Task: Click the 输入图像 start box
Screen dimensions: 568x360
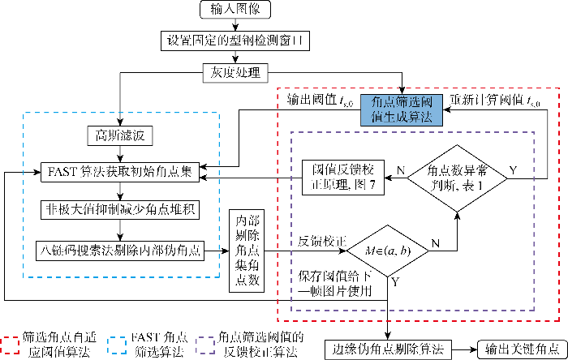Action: pyautogui.click(x=235, y=10)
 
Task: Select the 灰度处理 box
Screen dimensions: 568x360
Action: pyautogui.click(x=235, y=73)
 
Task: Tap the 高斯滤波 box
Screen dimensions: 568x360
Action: pyautogui.click(x=120, y=135)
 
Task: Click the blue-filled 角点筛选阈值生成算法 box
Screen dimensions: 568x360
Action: pyautogui.click(x=402, y=110)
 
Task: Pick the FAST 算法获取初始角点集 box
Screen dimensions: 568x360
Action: pyautogui.click(x=120, y=172)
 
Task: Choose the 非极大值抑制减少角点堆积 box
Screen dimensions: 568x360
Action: pyautogui.click(x=120, y=210)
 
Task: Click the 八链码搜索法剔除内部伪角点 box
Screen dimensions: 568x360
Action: pyautogui.click(x=120, y=251)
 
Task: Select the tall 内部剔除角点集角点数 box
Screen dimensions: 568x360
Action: pyautogui.click(x=247, y=251)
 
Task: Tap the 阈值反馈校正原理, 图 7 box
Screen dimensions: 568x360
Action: pyautogui.click(x=343, y=178)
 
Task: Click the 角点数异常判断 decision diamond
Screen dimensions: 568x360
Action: pyautogui.click(x=457, y=178)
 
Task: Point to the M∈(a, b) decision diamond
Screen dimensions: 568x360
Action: pyautogui.click(x=388, y=251)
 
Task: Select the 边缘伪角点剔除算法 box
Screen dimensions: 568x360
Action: pyautogui.click(x=388, y=349)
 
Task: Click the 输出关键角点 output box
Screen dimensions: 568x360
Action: pyautogui.click(x=523, y=349)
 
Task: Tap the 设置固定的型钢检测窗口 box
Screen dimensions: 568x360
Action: pyautogui.click(x=235, y=41)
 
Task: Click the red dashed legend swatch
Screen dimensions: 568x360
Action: pyautogui.click(x=10, y=345)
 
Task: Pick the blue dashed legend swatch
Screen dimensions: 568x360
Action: pyautogui.click(x=118, y=345)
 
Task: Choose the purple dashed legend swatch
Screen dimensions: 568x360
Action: pyautogui.click(x=205, y=345)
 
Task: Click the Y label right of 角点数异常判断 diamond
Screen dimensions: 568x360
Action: pyautogui.click(x=514, y=170)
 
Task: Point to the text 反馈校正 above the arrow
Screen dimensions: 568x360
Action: pyautogui.click(x=322, y=241)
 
